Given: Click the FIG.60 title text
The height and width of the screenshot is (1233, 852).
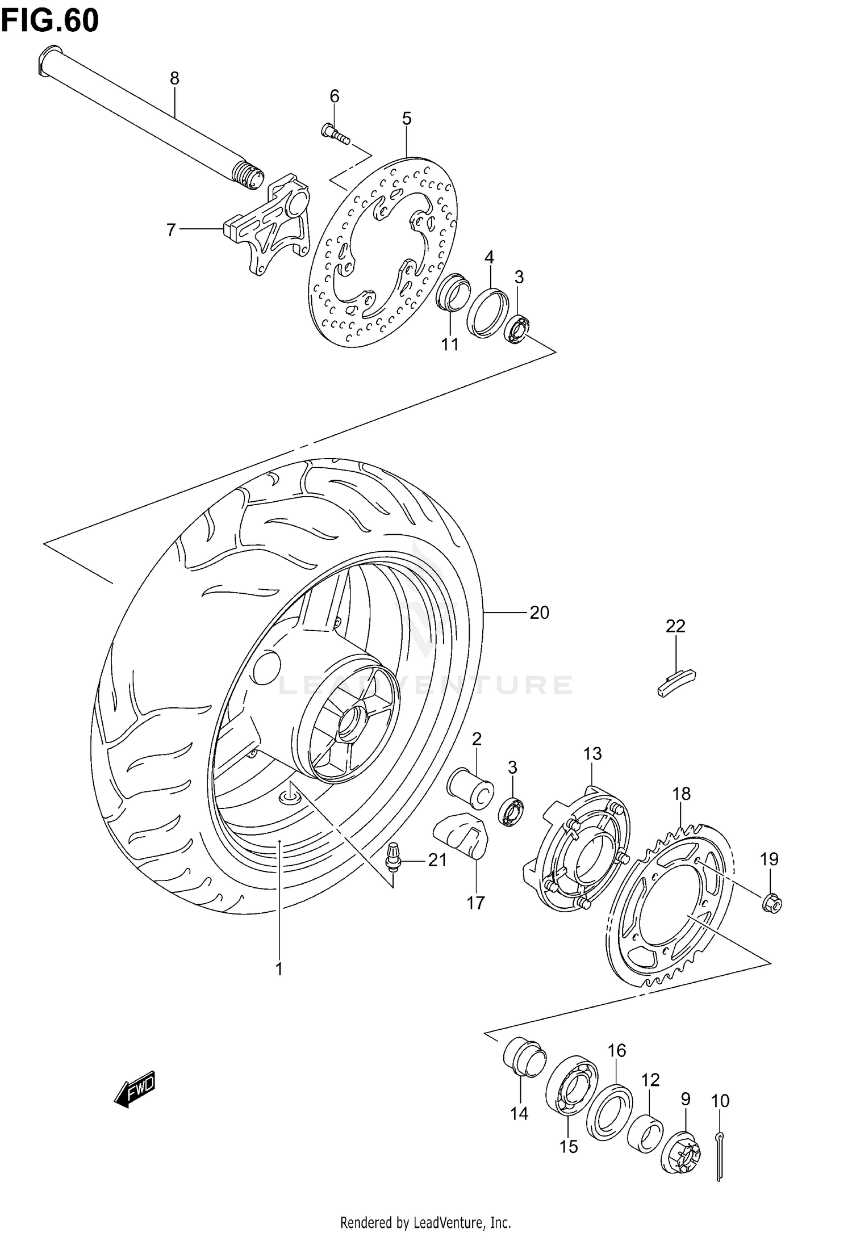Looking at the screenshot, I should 50,21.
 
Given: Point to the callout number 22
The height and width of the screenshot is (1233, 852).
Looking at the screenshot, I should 675,626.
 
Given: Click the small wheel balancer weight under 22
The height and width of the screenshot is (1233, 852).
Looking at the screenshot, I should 676,682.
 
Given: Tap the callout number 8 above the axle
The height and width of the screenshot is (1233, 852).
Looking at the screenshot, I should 174,78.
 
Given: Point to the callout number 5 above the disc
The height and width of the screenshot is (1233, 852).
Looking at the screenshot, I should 407,119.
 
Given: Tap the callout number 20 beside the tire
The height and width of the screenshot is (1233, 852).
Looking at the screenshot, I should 539,613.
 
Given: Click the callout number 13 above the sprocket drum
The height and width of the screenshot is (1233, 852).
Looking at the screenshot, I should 592,754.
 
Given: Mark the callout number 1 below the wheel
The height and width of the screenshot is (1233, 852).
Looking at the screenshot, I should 279,970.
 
